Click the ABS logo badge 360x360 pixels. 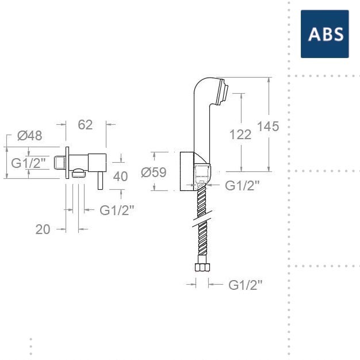click(324, 34)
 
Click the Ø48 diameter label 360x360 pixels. click(29, 136)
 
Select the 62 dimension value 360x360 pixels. click(85, 125)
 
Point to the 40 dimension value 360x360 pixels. click(120, 177)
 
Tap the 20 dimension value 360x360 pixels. click(43, 229)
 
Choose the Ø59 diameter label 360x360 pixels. click(154, 172)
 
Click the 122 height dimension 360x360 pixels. click(240, 134)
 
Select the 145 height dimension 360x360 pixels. click(268, 127)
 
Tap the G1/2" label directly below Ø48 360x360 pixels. click(29, 163)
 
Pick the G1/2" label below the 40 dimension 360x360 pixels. click(117, 210)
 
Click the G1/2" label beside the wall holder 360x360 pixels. click(242, 185)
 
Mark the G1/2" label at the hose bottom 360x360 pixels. click(246, 284)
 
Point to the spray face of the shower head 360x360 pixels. click(225, 91)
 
